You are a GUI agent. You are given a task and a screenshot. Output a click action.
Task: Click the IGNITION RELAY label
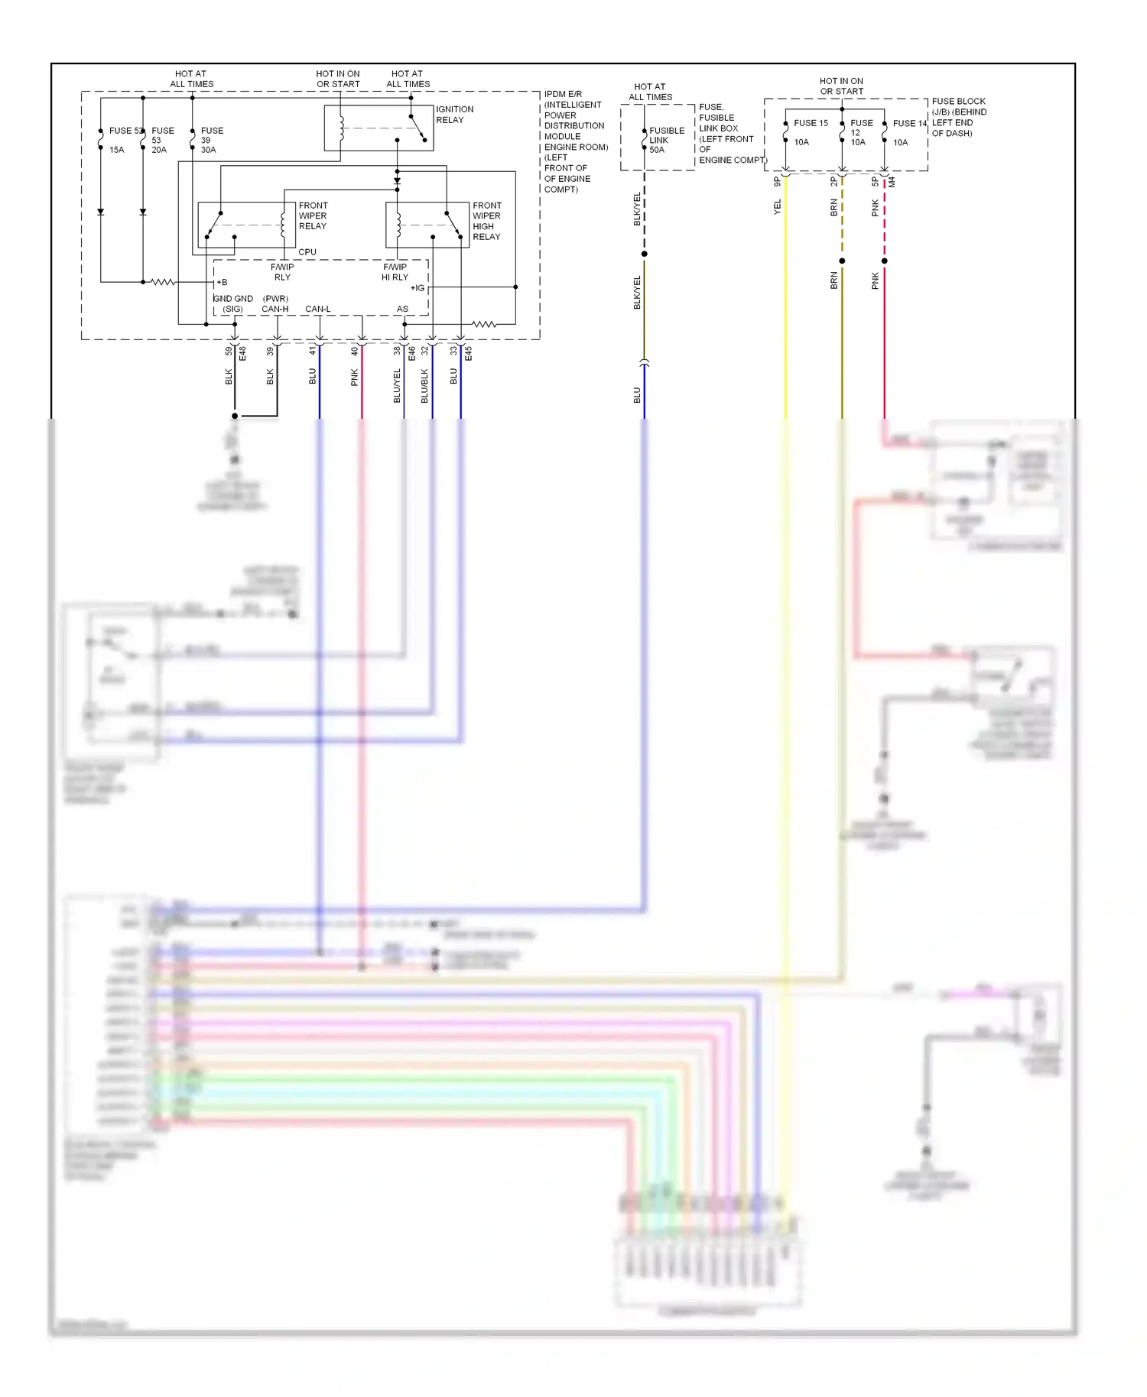tap(454, 115)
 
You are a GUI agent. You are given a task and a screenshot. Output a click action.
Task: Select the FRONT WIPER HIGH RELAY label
tap(486, 221)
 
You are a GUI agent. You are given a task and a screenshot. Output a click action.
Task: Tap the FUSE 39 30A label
tap(210, 140)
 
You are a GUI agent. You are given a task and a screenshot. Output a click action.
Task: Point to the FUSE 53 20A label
tap(161, 140)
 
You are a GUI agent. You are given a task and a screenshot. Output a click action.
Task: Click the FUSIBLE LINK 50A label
tap(664, 140)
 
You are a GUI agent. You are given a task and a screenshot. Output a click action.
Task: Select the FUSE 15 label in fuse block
tap(810, 123)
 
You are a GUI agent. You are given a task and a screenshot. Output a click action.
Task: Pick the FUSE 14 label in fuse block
tap(908, 123)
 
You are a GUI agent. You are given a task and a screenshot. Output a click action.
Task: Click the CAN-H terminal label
tap(275, 309)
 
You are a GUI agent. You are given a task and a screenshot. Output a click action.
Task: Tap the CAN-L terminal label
tap(317, 309)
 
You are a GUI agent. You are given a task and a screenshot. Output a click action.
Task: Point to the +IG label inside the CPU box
tap(417, 288)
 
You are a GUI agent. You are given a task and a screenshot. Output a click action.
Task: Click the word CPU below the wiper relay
tap(307, 251)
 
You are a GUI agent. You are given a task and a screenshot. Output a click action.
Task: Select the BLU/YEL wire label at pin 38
tap(397, 385)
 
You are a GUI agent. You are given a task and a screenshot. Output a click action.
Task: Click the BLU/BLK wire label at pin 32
tap(424, 385)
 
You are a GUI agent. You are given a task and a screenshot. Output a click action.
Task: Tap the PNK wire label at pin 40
tap(355, 377)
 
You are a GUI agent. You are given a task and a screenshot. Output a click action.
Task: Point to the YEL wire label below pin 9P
tap(778, 206)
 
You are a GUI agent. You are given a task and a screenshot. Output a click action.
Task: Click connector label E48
tap(242, 353)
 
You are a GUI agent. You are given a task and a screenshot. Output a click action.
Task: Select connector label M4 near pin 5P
tap(892, 182)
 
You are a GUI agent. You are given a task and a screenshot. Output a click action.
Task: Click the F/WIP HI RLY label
tap(395, 272)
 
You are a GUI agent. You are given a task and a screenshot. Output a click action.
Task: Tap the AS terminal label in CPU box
tap(402, 309)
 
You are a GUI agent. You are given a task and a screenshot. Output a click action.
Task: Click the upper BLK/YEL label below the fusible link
tap(637, 209)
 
